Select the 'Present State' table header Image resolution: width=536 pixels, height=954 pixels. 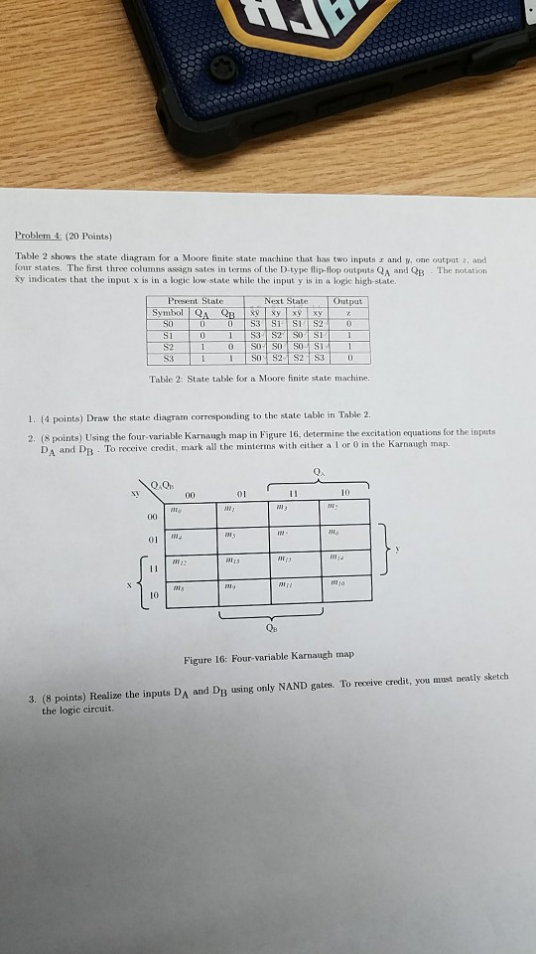197,300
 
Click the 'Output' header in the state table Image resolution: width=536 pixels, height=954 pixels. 349,300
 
